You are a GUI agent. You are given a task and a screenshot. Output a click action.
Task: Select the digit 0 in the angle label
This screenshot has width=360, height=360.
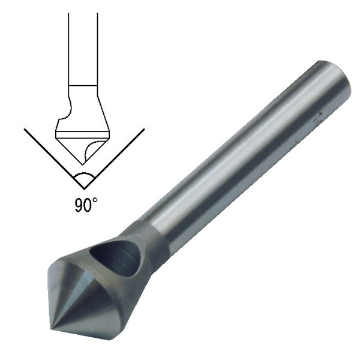click(x=88, y=205)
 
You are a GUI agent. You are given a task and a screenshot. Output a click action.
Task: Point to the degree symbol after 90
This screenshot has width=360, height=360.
click(x=95, y=202)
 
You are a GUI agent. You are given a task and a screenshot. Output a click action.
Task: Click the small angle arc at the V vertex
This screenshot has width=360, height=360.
click(x=83, y=178)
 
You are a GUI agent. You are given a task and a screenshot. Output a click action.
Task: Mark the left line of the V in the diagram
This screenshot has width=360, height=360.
click(x=51, y=152)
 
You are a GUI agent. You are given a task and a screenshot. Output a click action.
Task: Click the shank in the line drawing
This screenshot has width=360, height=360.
click(x=82, y=48)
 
